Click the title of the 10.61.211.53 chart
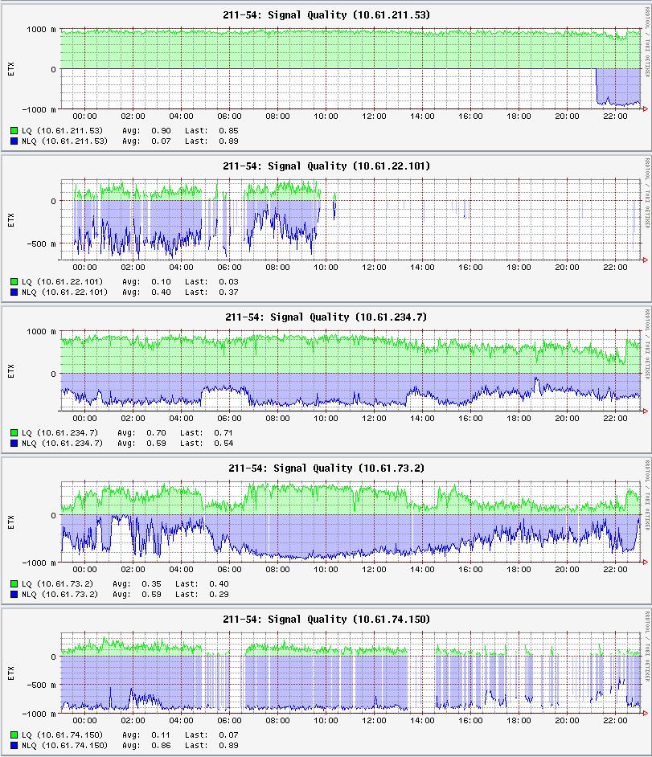(x=326, y=14)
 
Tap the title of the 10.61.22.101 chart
(x=326, y=166)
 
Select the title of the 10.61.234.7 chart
(x=326, y=317)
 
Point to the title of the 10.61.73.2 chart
(x=326, y=468)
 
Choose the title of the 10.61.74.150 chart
(x=326, y=619)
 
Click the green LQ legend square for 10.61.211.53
(x=14, y=130)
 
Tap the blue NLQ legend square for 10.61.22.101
(x=14, y=293)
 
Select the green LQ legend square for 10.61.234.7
(x=14, y=432)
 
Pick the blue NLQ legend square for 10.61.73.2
(x=14, y=595)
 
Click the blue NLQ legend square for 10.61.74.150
(x=14, y=746)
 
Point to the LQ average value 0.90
(x=161, y=130)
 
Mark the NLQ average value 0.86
(x=161, y=746)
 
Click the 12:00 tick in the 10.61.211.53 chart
(x=374, y=117)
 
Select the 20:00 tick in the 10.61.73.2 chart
(x=567, y=570)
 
